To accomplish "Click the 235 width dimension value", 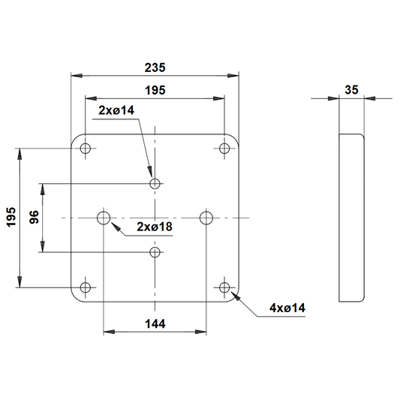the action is pos(155,68).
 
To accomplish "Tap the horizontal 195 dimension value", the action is pos(155,90).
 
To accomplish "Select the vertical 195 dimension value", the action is pos(11,217).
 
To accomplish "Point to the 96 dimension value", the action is pos(34,217).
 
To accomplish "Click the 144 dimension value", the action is pos(155,324).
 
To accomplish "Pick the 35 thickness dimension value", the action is pos(351,90).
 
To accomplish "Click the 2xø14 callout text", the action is pos(116,110).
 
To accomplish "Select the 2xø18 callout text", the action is pos(155,227).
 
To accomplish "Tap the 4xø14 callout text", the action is pos(287,308).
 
